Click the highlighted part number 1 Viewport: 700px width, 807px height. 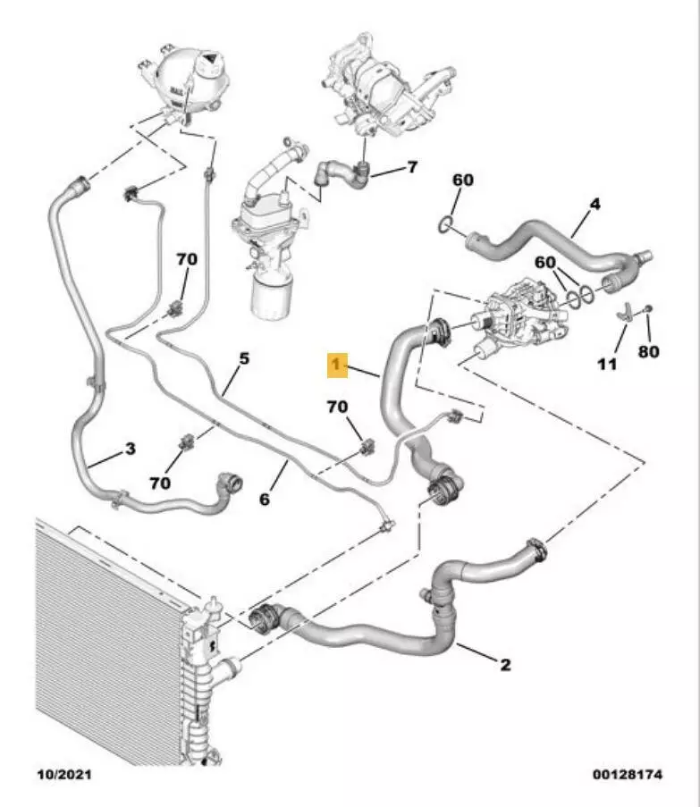coord(336,364)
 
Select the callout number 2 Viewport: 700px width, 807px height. coord(504,664)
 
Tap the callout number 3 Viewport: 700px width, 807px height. coord(130,449)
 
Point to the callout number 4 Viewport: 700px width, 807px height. coord(595,205)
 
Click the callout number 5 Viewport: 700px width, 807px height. coord(243,359)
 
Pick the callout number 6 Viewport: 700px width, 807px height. coord(265,500)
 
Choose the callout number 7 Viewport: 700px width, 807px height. coord(412,167)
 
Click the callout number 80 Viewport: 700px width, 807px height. coord(649,351)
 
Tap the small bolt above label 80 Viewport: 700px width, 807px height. coord(648,309)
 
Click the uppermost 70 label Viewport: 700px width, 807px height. coord(186,259)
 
